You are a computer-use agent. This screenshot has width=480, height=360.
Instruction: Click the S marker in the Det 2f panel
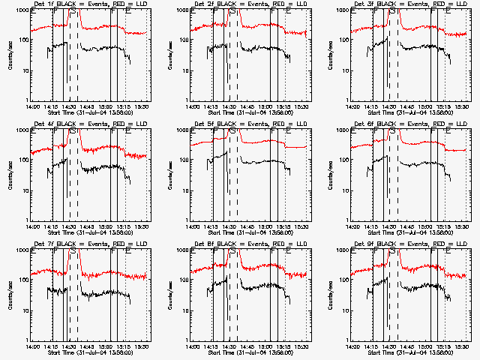click(x=232, y=12)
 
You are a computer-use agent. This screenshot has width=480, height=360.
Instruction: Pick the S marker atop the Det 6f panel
click(x=392, y=132)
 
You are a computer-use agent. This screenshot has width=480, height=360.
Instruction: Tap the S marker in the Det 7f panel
click(x=73, y=252)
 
